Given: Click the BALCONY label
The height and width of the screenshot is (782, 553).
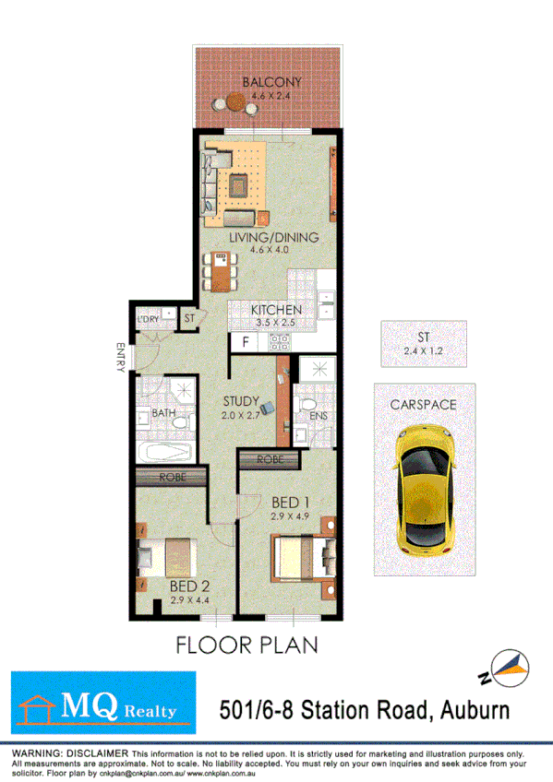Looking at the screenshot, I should pos(271,82).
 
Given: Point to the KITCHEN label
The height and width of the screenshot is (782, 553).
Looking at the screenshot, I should pos(276,310).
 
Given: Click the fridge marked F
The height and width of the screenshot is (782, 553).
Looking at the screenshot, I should pos(245,341).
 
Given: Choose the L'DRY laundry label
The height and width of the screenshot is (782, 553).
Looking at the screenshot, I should pos(148,320).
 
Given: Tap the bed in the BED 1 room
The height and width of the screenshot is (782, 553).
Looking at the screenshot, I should pos(303,555).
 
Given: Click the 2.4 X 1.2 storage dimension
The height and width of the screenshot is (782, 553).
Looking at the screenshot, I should pos(424,350).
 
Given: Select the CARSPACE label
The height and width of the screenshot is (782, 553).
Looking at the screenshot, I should pos(423,404).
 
